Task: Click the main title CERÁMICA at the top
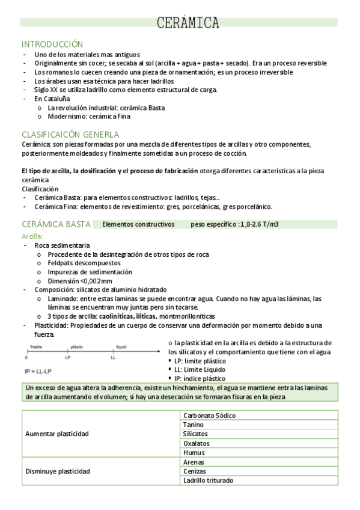pyautogui.click(x=188, y=23)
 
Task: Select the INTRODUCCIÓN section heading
pyautogui.click(x=52, y=45)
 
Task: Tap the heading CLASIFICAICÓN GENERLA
pyautogui.click(x=70, y=134)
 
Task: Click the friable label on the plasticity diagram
pyautogui.click(x=35, y=347)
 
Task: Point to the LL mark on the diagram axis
pyautogui.click(x=113, y=357)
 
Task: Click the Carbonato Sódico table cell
pyautogui.click(x=209, y=416)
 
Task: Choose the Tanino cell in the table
pyautogui.click(x=194, y=425)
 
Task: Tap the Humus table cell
pyautogui.click(x=194, y=452)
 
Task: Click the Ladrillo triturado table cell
pyautogui.click(x=208, y=480)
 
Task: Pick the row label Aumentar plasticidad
pyautogui.click(x=57, y=434)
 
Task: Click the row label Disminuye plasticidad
pyautogui.click(x=58, y=471)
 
